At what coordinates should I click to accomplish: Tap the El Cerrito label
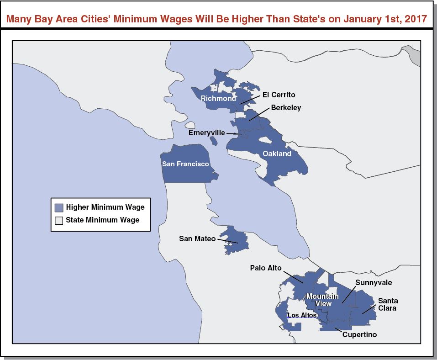pos(279,95)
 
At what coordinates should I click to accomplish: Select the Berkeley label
pos(286,108)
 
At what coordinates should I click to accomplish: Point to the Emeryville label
pos(207,132)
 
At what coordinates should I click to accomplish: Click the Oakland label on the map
pos(277,154)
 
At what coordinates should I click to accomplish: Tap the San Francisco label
pos(185,164)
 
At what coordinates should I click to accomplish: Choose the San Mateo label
pos(197,238)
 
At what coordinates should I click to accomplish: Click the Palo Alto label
pos(266,268)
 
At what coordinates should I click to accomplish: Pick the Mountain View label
pos(322,300)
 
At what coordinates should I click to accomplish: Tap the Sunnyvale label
pos(374,283)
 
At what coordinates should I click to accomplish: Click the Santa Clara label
pos(388,304)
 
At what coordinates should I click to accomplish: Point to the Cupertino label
pos(359,334)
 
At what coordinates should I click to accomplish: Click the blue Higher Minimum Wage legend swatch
pos(59,207)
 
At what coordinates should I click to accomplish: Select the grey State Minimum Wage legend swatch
pos(59,220)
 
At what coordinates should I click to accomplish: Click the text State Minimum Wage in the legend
pos(102,220)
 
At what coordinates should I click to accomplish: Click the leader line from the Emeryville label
pos(233,133)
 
